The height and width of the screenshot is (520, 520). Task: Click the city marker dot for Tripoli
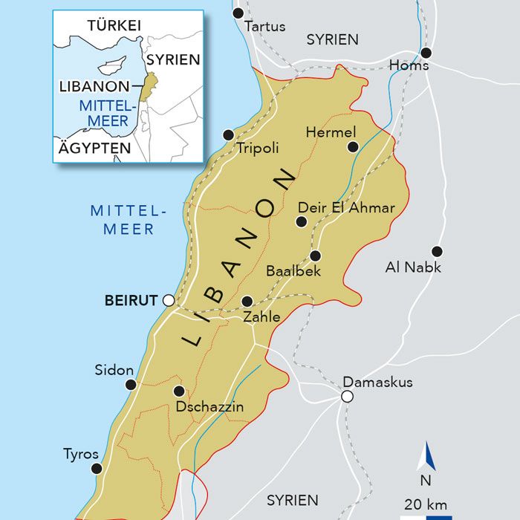[228, 134]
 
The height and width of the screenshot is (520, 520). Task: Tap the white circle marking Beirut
[169, 300]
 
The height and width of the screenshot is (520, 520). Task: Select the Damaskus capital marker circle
[346, 397]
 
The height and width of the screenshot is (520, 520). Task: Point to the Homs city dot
[426, 53]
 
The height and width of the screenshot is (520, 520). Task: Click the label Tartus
[264, 27]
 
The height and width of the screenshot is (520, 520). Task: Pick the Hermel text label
[326, 131]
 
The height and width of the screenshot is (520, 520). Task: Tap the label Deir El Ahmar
[346, 207]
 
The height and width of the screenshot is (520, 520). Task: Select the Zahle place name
[262, 317]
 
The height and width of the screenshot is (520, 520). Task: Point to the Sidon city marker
[131, 384]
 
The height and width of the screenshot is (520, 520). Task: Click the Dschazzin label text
[209, 406]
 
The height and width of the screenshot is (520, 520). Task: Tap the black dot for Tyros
[96, 468]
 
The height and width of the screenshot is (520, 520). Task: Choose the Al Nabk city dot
[437, 251]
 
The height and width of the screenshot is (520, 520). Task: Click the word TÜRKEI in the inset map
[114, 25]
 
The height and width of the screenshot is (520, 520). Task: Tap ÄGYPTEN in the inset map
[94, 148]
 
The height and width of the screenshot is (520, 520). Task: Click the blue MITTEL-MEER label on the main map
[129, 220]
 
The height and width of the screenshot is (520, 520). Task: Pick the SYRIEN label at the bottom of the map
[292, 500]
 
